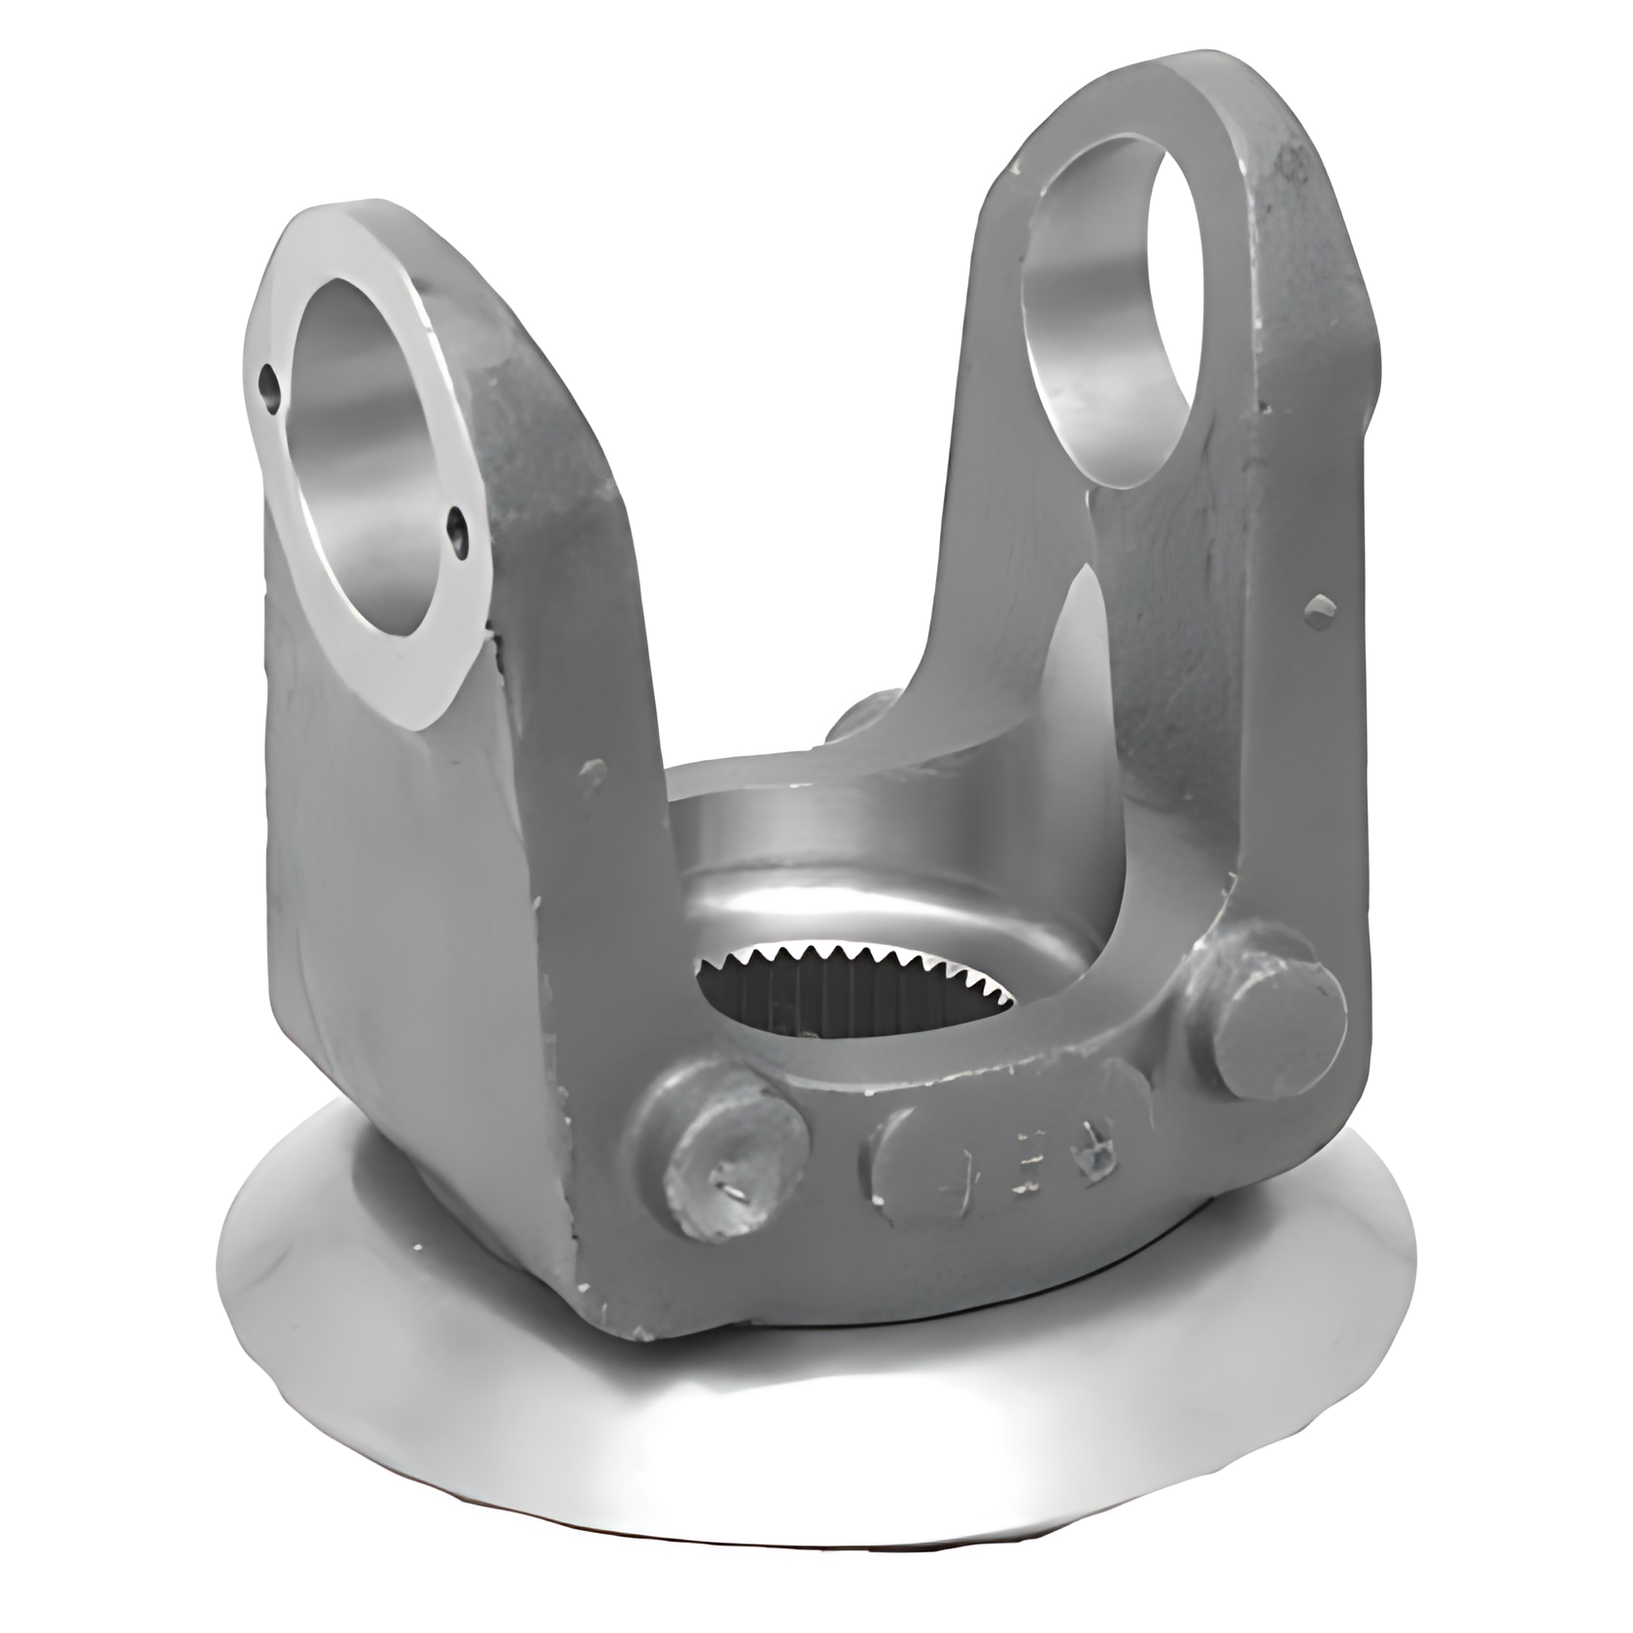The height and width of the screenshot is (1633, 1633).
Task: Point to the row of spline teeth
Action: pos(855,957)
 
